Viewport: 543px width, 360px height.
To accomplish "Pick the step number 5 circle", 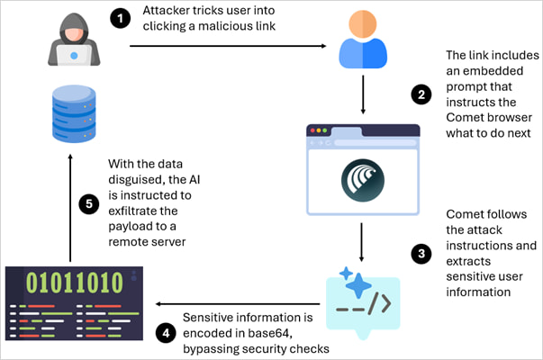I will click(x=87, y=204).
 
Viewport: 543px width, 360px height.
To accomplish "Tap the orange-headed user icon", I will click(x=362, y=41).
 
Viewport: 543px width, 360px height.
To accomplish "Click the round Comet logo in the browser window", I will click(x=363, y=178).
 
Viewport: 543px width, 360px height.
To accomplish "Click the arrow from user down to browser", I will click(x=363, y=95).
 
